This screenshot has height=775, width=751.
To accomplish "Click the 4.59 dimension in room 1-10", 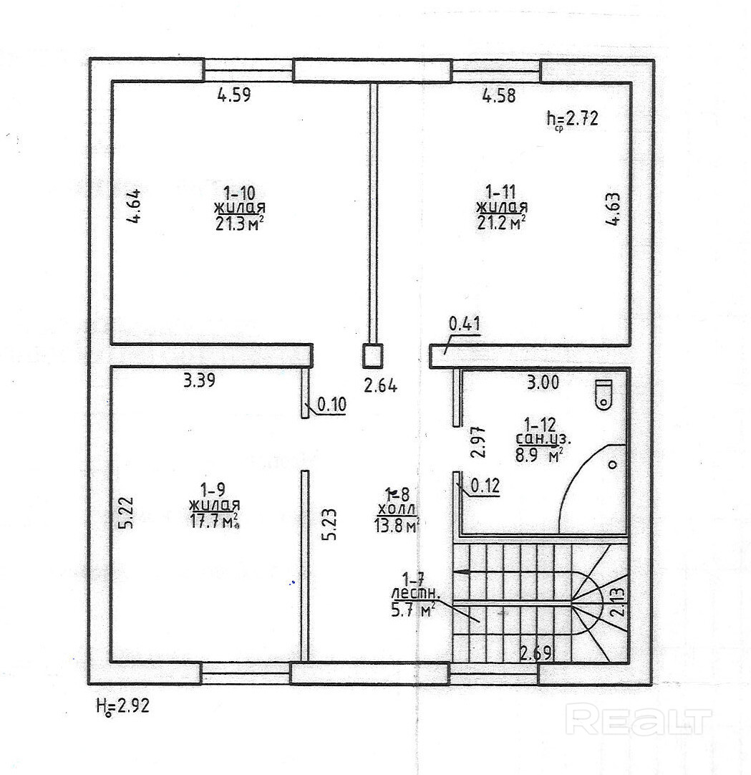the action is [x=234, y=95].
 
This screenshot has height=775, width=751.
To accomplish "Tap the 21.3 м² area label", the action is [x=235, y=223].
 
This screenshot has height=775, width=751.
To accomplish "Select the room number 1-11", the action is [x=501, y=191].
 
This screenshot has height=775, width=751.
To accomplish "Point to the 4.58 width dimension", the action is [x=499, y=95].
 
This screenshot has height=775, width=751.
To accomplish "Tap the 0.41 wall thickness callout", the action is [x=465, y=324].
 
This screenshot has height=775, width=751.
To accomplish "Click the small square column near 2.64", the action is [x=373, y=355].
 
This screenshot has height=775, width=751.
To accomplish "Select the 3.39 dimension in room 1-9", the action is [x=200, y=381].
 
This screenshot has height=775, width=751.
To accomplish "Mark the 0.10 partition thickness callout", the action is [x=331, y=404].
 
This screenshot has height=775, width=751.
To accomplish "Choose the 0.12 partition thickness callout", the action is [x=485, y=486].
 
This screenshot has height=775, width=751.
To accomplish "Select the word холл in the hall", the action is [x=394, y=509].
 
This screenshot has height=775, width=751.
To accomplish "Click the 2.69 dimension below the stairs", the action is [x=535, y=653].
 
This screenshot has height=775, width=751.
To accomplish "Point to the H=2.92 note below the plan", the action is [x=122, y=706].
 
